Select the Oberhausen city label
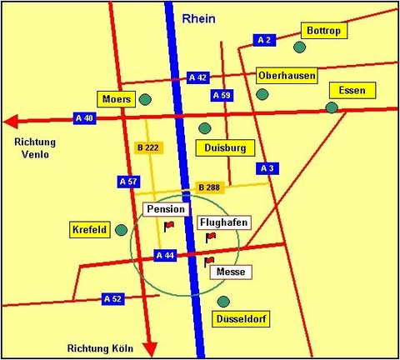[287, 75]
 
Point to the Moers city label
[116, 99]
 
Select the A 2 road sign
[265, 40]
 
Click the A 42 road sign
[197, 77]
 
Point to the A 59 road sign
[221, 96]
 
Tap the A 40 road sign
[85, 118]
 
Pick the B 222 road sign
[146, 147]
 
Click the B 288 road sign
[209, 187]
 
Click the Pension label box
[165, 208]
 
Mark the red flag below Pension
[168, 225]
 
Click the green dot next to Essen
[332, 107]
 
